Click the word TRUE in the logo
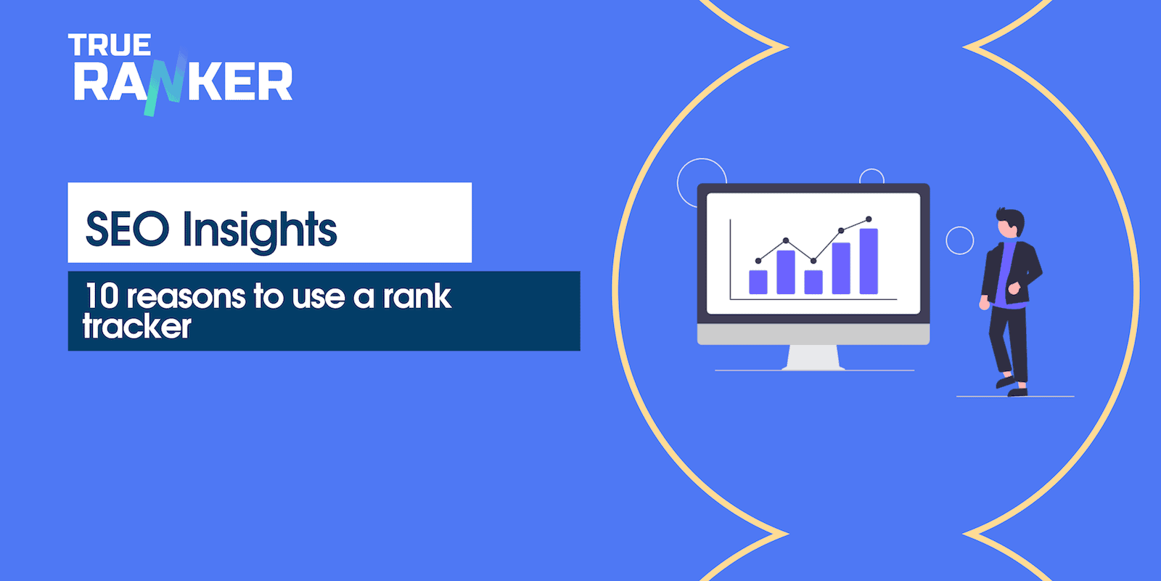tap(110, 45)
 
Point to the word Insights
tap(260, 231)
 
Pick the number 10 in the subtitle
tap(102, 296)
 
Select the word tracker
tap(137, 327)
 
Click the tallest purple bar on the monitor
tap(869, 261)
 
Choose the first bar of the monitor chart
tap(758, 282)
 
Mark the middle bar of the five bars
tap(813, 282)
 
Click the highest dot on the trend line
tap(869, 219)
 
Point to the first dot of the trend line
tap(758, 260)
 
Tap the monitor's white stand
tap(813, 357)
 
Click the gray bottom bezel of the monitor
tap(813, 334)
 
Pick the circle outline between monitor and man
tap(960, 240)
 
